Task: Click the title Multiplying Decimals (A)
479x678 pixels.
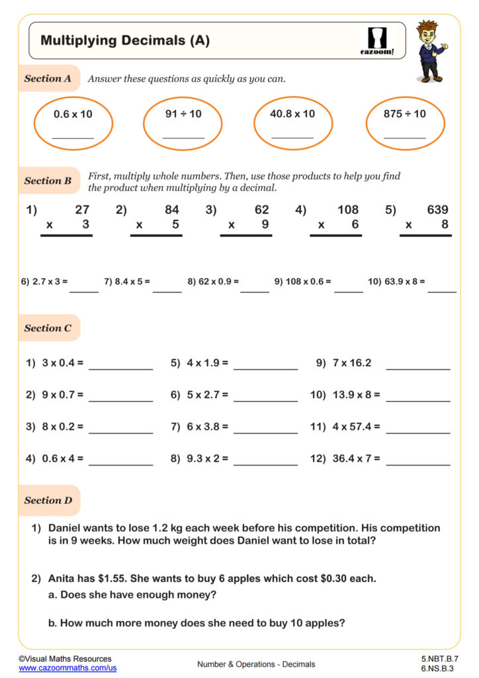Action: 125,40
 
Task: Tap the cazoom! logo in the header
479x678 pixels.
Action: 377,41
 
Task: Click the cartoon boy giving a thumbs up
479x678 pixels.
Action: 431,50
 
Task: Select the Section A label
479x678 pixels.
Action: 48,78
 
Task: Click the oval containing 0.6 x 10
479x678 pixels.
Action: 73,124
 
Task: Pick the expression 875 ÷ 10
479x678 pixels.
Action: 405,114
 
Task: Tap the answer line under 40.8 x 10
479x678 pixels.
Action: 292,138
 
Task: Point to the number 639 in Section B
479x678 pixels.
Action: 437,210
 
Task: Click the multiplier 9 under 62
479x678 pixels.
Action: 265,224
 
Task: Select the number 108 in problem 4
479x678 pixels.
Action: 347,210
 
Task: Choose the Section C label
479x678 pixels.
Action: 48,328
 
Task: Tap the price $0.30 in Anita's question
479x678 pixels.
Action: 335,579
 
